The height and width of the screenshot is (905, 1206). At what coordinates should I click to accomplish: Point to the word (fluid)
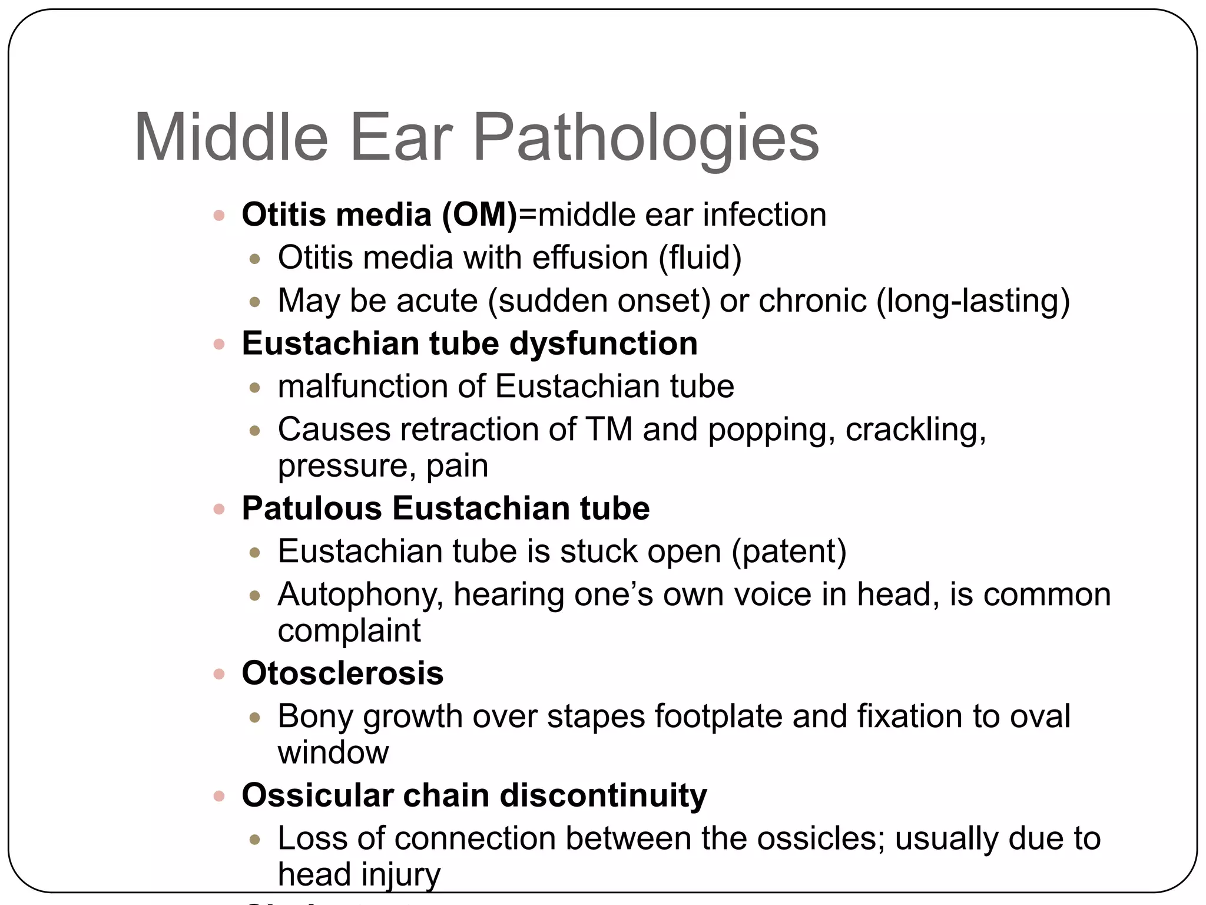pyautogui.click(x=700, y=257)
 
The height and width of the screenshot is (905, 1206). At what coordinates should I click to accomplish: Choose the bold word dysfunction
pyautogui.click(x=604, y=343)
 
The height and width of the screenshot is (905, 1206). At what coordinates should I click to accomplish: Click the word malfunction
pyautogui.click(x=362, y=387)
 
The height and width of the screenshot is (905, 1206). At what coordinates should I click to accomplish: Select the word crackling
pyautogui.click(x=916, y=429)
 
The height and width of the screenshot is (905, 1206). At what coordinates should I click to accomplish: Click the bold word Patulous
pyautogui.click(x=312, y=508)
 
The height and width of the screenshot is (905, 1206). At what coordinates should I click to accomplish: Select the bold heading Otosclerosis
pyautogui.click(x=343, y=673)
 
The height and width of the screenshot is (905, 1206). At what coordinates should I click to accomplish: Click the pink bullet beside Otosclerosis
pyautogui.click(x=219, y=673)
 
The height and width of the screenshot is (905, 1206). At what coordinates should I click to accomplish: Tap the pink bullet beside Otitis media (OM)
pyautogui.click(x=219, y=215)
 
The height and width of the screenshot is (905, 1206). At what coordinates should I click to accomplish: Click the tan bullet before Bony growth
pyautogui.click(x=255, y=717)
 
